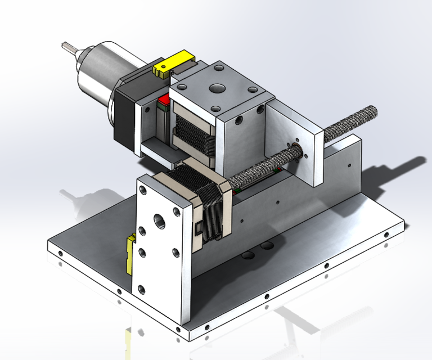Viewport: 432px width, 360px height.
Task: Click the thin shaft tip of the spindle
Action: [69, 47]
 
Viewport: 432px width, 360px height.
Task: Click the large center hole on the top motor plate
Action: [215, 88]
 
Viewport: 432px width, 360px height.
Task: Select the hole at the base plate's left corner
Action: [60, 253]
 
